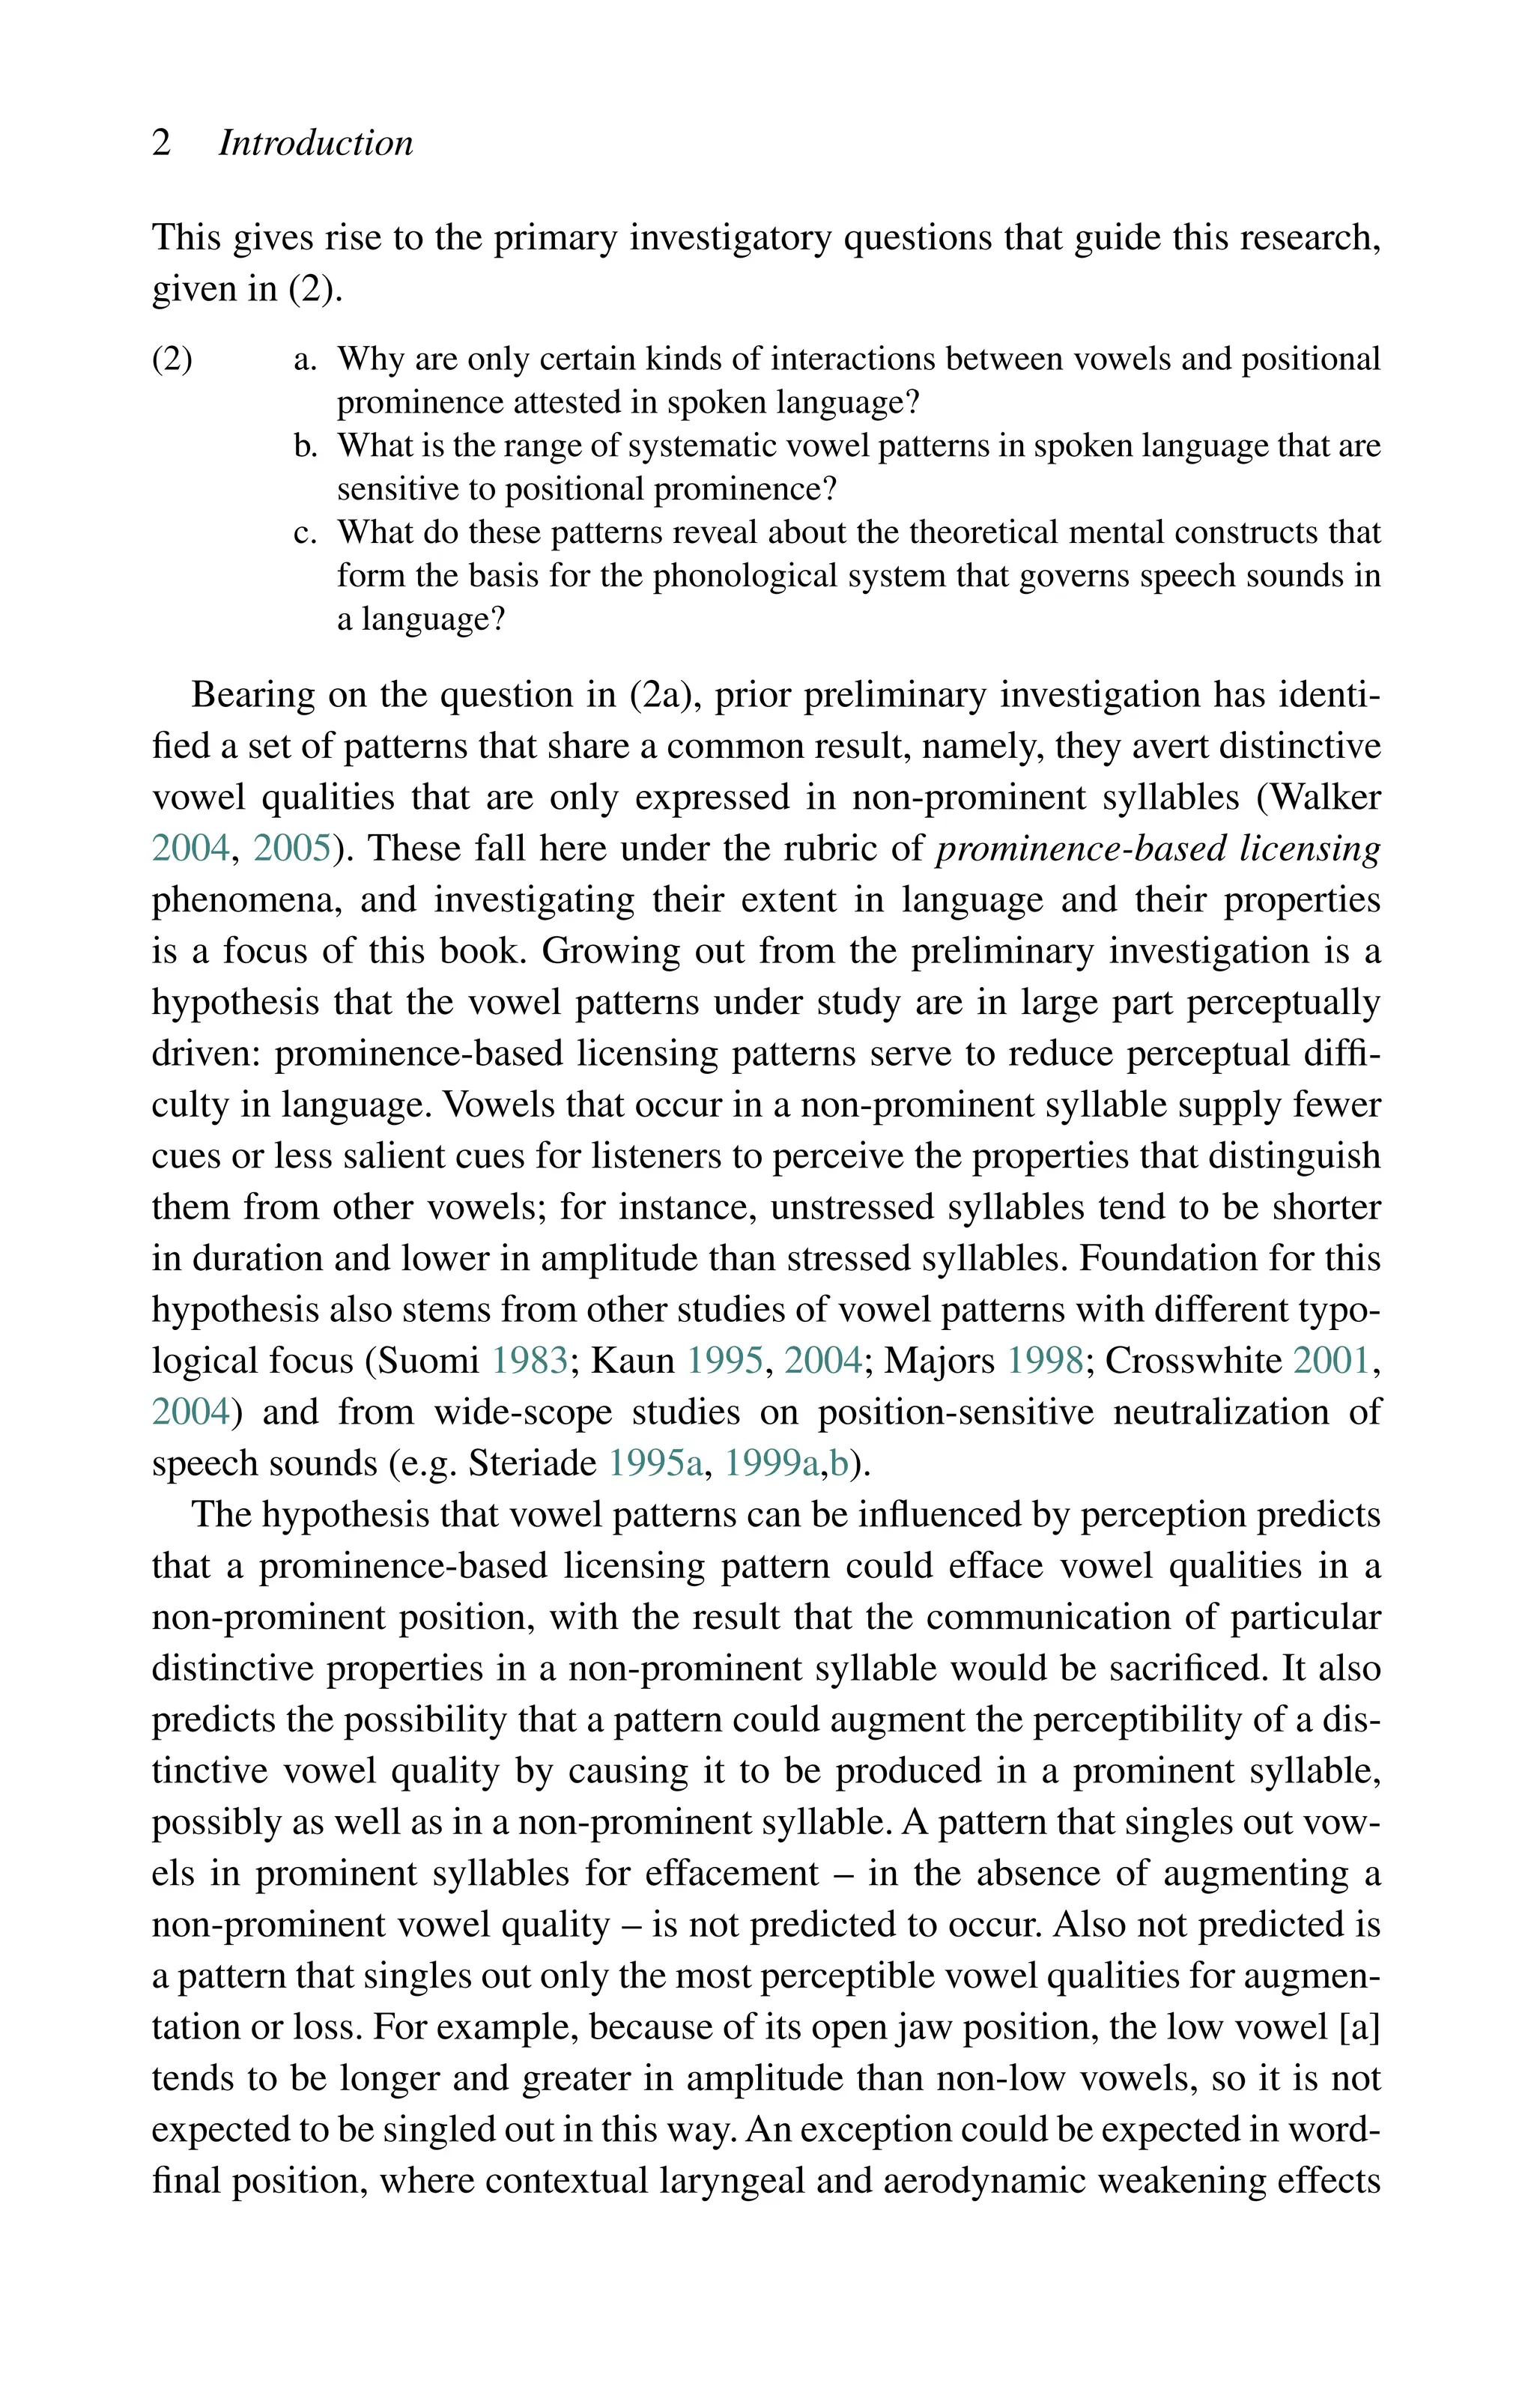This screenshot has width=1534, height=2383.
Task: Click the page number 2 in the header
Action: (x=161, y=143)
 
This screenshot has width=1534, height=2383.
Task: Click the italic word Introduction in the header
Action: (x=316, y=143)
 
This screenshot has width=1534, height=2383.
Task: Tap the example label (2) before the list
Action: (x=172, y=359)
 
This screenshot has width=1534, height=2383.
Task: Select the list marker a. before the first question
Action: (x=305, y=359)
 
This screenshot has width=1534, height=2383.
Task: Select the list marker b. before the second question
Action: (x=305, y=445)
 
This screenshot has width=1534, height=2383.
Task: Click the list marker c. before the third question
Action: (x=305, y=532)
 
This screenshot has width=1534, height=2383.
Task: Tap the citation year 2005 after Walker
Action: (x=292, y=849)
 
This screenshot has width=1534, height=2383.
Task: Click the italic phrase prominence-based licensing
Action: (x=1159, y=849)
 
